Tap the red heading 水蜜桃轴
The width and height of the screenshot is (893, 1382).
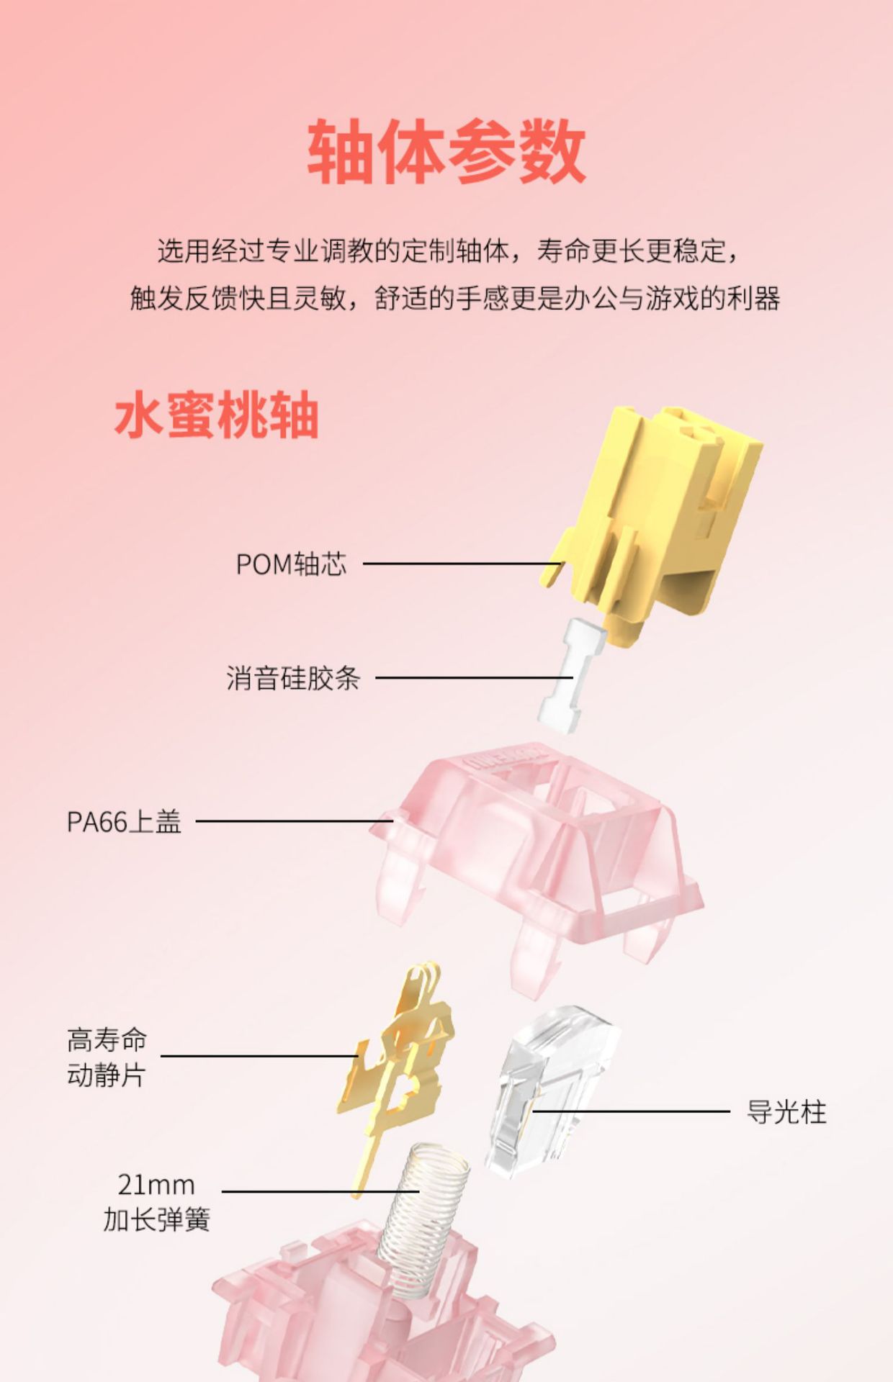click(216, 415)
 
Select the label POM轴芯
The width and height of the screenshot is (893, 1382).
click(291, 564)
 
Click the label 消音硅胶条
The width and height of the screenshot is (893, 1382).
click(292, 678)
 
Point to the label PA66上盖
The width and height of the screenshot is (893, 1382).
click(124, 821)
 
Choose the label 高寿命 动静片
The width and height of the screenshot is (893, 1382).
click(107, 1057)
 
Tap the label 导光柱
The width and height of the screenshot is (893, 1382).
click(786, 1112)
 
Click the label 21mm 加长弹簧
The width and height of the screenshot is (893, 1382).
click(156, 1202)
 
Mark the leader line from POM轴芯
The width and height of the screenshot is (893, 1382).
click(461, 564)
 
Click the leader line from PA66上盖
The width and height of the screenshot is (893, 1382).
click(288, 821)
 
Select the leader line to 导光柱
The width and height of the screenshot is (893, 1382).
click(634, 1111)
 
